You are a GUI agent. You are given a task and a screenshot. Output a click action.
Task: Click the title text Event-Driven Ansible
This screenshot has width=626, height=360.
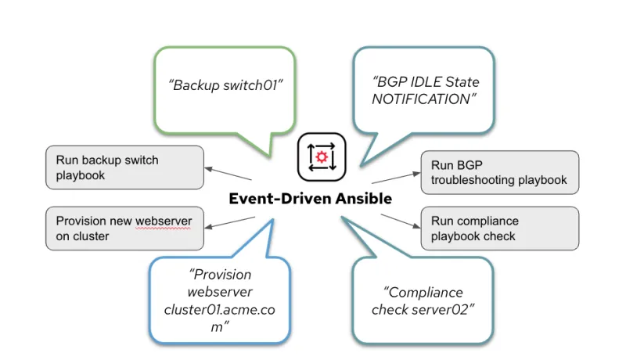(310, 199)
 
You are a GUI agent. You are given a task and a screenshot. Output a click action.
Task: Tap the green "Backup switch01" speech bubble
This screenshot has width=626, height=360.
(225, 85)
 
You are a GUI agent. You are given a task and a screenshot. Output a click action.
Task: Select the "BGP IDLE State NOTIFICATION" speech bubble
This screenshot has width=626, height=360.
(425, 90)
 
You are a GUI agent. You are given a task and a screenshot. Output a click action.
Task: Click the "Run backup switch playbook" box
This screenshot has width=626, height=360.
(123, 167)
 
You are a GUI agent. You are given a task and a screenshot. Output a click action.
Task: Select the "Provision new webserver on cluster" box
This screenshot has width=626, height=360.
(123, 228)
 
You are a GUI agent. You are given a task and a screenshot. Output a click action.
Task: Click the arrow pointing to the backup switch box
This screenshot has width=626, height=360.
(228, 173)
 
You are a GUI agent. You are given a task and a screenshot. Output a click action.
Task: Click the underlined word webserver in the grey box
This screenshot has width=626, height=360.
(163, 220)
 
